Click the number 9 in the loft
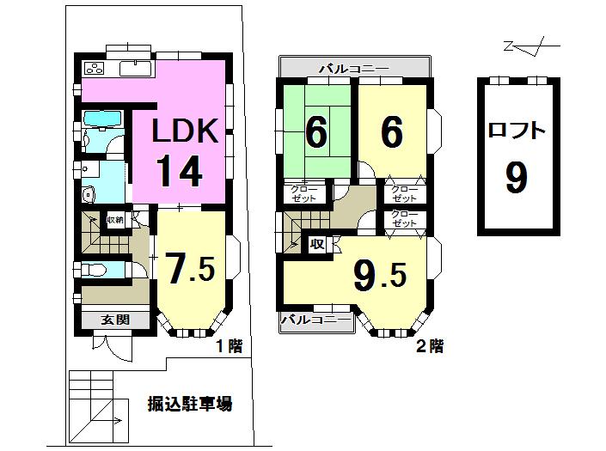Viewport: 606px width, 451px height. click(x=516, y=178)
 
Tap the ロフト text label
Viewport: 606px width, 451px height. click(x=517, y=131)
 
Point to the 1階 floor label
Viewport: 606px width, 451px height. click(x=229, y=346)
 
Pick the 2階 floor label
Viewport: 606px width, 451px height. click(x=430, y=346)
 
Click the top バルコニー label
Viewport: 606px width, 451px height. click(x=353, y=67)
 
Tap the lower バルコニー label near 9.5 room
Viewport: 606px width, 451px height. click(x=316, y=321)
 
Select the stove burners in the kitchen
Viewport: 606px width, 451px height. click(x=93, y=69)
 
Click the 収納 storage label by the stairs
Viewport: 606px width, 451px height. click(x=115, y=221)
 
